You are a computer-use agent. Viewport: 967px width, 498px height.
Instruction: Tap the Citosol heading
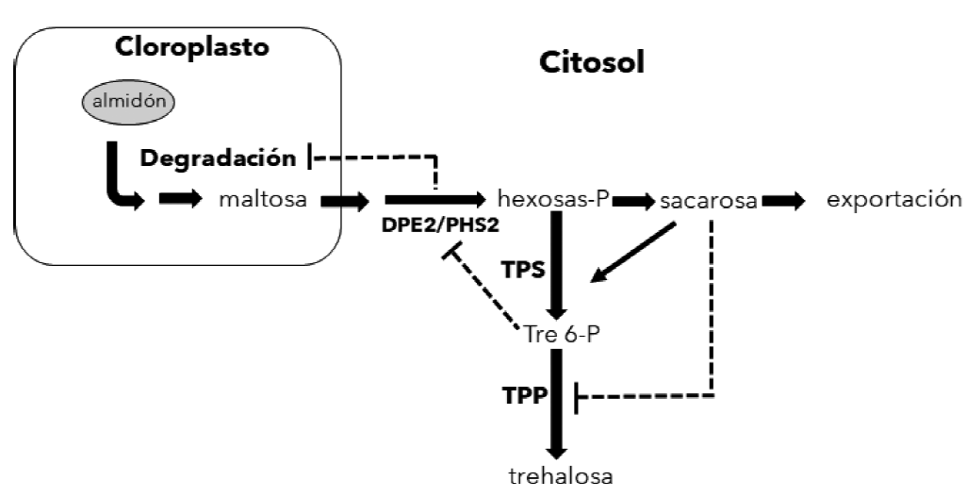(x=593, y=63)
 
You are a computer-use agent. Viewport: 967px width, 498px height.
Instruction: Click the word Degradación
(x=217, y=158)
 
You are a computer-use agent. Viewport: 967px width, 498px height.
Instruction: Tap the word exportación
(x=894, y=200)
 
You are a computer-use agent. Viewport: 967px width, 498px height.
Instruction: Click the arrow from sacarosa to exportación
(x=784, y=201)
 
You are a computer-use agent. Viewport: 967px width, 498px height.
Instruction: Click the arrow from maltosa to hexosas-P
(x=434, y=200)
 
